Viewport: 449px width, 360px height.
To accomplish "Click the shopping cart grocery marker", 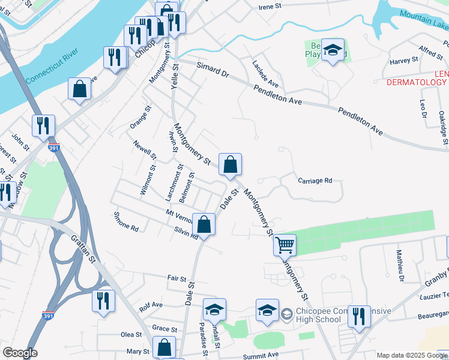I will [285, 244].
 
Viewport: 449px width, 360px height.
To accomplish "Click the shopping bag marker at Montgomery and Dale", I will [230, 164].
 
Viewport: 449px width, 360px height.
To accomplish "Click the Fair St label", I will [177, 278].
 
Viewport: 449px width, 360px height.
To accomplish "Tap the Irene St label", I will [270, 7].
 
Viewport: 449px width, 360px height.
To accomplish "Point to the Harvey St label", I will [403, 61].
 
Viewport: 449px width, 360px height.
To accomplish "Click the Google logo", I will [20, 353].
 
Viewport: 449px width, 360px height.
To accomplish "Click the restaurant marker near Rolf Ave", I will [103, 301].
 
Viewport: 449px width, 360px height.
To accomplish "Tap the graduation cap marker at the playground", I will [332, 51].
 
